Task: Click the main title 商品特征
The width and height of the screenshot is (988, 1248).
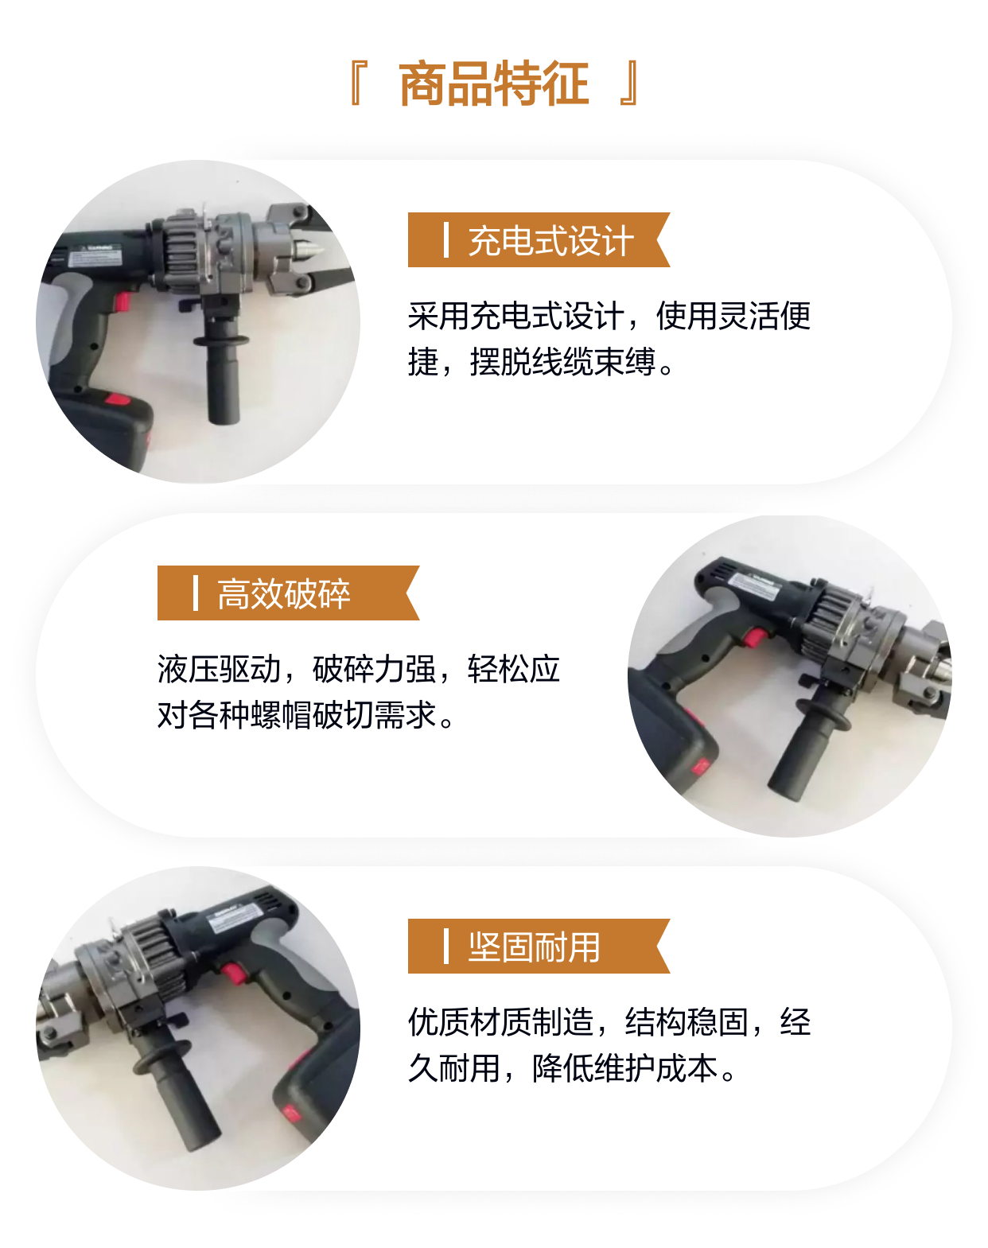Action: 494,84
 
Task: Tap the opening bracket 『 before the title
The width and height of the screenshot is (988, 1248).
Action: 357,84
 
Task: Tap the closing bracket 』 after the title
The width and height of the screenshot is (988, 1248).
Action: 629,84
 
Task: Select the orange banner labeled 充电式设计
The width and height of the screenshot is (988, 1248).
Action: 539,239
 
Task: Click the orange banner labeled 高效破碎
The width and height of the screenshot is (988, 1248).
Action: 288,593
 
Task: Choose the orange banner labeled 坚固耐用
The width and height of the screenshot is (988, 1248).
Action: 539,946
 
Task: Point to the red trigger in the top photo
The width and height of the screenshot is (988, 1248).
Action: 123,302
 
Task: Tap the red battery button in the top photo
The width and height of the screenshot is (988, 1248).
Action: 117,399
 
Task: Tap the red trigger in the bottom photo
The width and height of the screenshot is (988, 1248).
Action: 233,973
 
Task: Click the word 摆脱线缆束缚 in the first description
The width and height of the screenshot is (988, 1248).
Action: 562,363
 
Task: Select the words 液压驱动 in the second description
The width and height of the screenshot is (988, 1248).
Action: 219,669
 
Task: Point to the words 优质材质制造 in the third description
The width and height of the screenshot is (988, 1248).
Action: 500,1022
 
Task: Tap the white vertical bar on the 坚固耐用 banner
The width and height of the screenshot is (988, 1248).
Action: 446,946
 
